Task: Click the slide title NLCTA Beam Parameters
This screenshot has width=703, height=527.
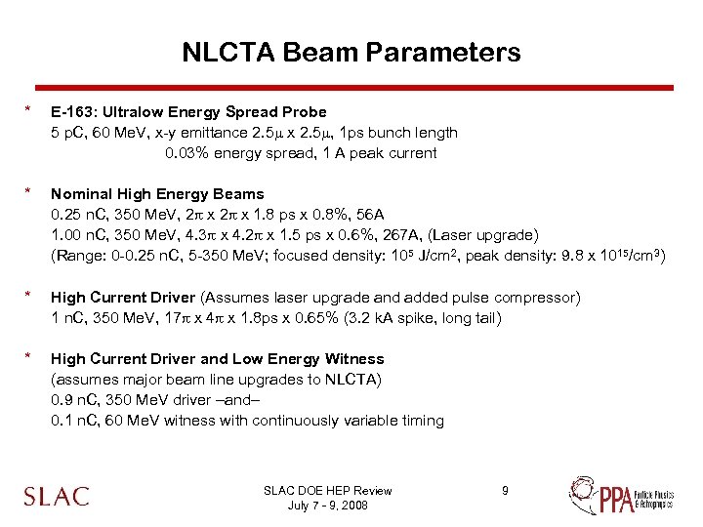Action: coord(351,52)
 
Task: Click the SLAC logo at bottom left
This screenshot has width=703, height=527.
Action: coord(57,496)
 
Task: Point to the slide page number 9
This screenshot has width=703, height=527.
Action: coord(505,490)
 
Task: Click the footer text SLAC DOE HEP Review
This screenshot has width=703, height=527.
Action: coord(327,491)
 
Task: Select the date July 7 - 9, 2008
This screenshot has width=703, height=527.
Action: coord(327,505)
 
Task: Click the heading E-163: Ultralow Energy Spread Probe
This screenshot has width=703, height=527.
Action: coord(188,111)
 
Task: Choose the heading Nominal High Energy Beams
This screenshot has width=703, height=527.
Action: coord(157,193)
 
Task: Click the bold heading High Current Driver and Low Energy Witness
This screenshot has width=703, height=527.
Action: coord(217,358)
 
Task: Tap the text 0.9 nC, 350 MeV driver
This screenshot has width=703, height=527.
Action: coord(131,400)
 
